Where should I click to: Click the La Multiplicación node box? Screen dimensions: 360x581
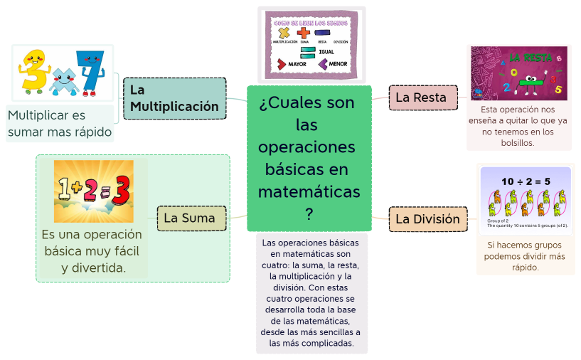coord(174,98)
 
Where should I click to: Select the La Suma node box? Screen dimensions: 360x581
coord(191,218)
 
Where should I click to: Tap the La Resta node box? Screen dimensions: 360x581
coord(421,97)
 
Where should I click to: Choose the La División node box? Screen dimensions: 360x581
coord(427,219)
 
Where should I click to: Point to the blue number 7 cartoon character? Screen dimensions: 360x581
coord(90,70)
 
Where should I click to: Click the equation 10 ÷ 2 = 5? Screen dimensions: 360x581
coord(526,181)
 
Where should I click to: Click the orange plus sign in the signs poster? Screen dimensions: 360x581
coord(304,32)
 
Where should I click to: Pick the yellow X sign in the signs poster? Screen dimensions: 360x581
coord(284,33)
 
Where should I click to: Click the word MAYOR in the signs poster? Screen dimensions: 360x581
coord(297,64)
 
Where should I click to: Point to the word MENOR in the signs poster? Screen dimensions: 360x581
coord(338,64)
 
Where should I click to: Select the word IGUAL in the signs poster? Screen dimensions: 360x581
coord(326,52)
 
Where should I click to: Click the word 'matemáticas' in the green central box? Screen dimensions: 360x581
coord(309,192)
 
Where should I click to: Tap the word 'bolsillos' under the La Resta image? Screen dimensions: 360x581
coord(518,142)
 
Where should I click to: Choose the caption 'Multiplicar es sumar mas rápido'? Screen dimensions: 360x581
coord(60,123)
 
